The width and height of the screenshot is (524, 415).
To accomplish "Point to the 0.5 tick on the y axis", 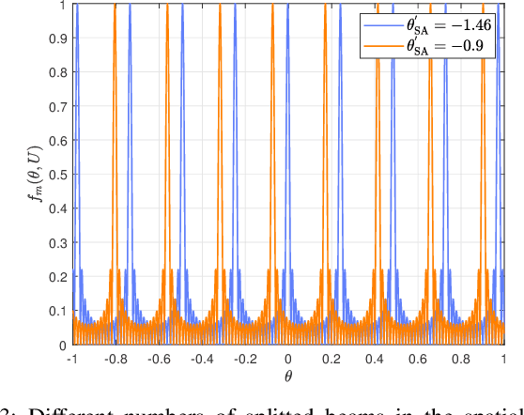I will click(x=56, y=176).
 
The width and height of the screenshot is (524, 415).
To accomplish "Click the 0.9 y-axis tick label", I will click(x=56, y=38).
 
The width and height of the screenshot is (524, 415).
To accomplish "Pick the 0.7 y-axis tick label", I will click(x=56, y=107).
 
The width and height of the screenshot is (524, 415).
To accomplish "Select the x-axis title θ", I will click(x=288, y=377).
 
